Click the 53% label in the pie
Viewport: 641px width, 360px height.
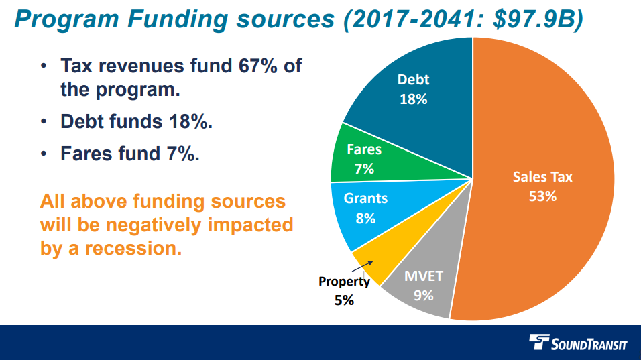[x=542, y=196]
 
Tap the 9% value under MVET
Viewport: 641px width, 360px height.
[x=423, y=296]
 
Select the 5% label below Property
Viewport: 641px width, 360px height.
[x=344, y=300]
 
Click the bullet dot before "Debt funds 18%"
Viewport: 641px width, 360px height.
[x=44, y=122]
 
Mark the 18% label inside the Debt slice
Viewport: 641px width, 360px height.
[x=413, y=99]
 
